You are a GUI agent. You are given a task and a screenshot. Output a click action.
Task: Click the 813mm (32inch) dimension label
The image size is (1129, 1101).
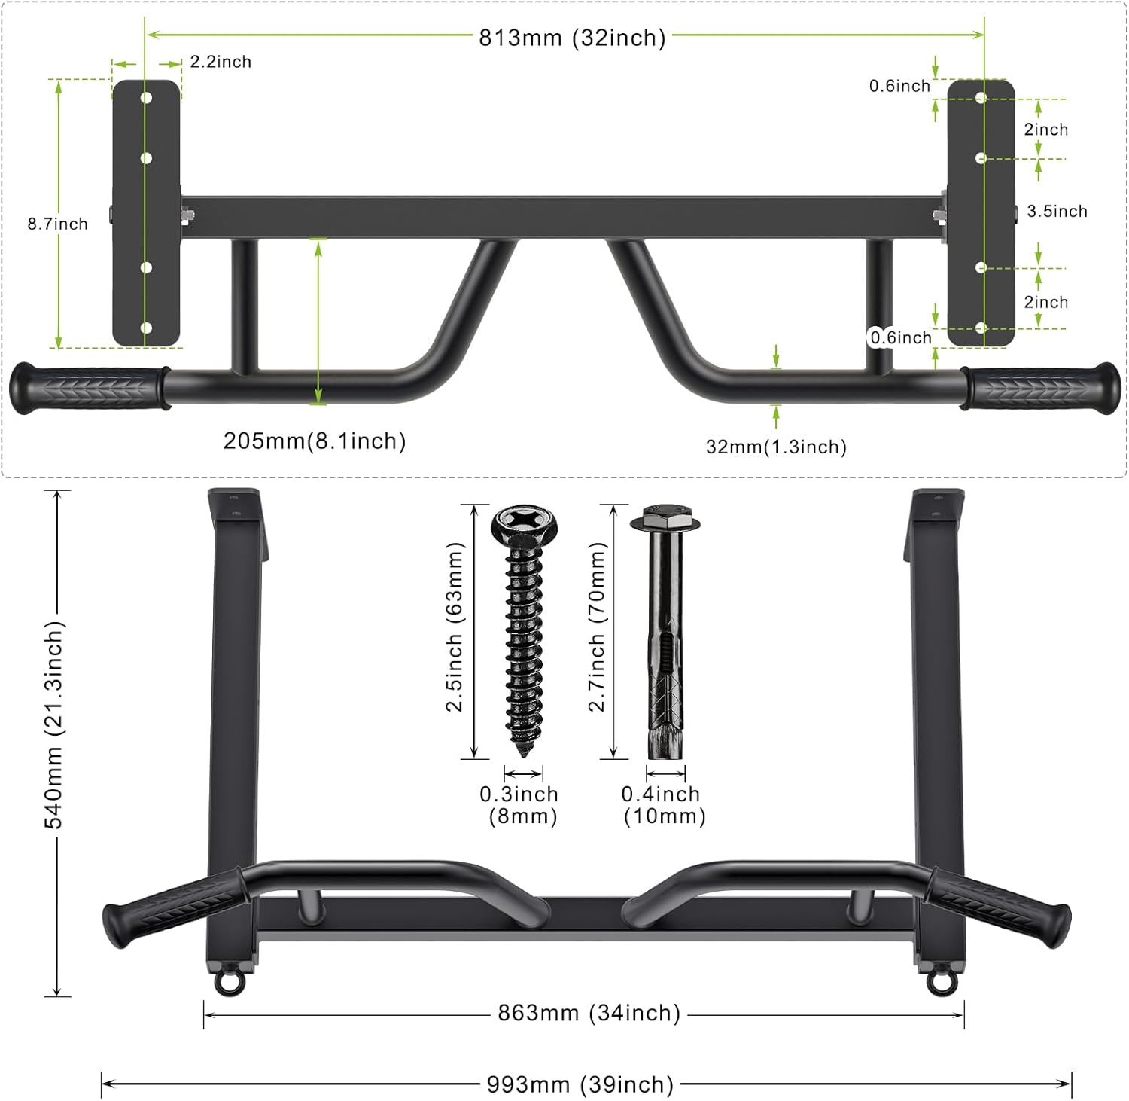coord(572,38)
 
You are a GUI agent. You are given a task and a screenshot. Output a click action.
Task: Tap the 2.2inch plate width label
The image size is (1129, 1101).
coord(221,62)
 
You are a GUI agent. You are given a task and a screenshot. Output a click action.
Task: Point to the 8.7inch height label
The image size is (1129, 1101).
coord(58,224)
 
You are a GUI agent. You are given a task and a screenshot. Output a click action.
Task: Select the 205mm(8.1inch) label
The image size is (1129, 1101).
coord(315,441)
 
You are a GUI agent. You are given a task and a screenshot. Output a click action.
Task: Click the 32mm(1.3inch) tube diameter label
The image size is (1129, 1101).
coord(776,447)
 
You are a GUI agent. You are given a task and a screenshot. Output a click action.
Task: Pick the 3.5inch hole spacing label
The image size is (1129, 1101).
coord(1057,212)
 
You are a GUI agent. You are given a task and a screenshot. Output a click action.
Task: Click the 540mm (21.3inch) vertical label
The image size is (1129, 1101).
coord(55,725)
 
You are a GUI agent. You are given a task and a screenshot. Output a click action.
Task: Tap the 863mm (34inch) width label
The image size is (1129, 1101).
coord(589,1013)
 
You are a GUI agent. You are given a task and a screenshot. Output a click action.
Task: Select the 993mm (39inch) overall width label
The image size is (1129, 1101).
coord(580,1084)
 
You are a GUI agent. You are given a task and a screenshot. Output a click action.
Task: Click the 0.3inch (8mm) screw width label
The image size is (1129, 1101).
coord(520,805)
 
